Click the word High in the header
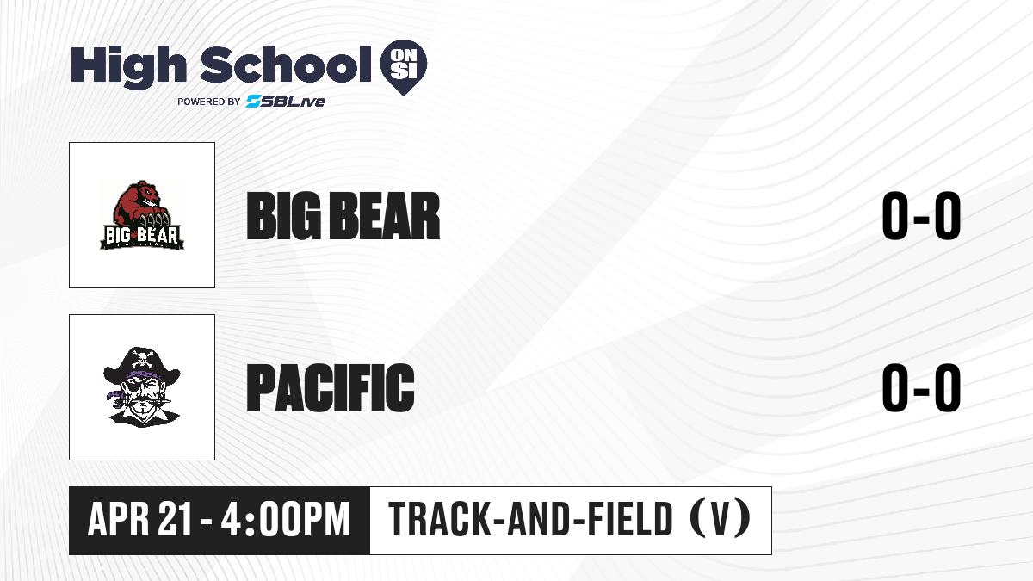click(128, 66)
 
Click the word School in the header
click(285, 64)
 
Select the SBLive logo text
click(285, 102)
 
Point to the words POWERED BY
click(209, 102)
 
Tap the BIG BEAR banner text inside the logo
click(142, 236)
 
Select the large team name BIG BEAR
click(343, 216)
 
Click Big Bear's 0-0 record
click(921, 216)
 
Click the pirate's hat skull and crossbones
click(141, 357)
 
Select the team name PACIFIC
click(331, 387)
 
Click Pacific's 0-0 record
click(921, 387)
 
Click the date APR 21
click(139, 519)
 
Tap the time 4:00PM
click(286, 519)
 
